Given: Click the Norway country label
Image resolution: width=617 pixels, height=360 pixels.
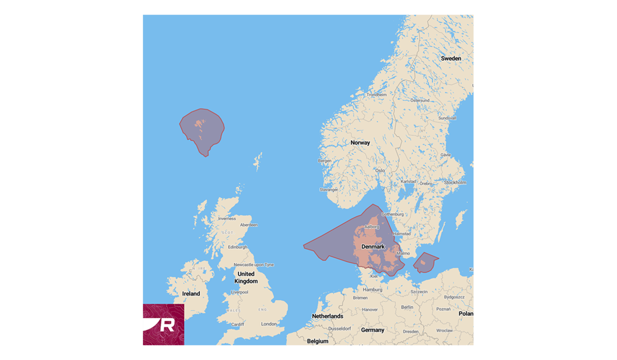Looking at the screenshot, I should [360, 142].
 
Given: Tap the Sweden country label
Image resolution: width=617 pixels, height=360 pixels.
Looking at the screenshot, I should [451, 59].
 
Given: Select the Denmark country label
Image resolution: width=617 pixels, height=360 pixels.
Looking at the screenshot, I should [373, 247].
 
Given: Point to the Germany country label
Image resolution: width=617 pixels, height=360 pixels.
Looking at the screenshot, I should [372, 330].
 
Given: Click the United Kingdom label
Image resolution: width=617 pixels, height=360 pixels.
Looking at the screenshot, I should [246, 278].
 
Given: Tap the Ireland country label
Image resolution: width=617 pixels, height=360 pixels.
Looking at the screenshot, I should [191, 294].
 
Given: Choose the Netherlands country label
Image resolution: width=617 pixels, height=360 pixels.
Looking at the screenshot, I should [328, 316].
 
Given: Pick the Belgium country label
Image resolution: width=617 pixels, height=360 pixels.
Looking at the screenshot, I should [317, 341].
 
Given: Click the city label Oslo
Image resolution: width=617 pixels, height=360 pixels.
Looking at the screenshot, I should [380, 170].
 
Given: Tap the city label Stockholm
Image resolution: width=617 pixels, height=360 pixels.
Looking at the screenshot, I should [455, 183].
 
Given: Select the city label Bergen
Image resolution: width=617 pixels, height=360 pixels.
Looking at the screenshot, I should [325, 160].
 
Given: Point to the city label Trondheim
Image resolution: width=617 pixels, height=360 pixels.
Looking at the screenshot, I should [377, 95].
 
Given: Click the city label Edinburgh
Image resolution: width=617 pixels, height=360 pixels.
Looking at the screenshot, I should [238, 247].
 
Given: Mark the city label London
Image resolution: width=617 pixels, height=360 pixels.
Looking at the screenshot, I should [269, 324].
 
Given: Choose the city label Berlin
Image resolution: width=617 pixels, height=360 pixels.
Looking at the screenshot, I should [406, 307].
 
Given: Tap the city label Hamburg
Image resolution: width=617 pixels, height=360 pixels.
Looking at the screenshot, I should [372, 290].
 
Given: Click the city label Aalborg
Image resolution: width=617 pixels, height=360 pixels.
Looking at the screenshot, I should [371, 226].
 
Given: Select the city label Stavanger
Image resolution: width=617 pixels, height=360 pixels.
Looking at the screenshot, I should [329, 190].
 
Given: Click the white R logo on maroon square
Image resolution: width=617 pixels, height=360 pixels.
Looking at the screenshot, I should [163, 325].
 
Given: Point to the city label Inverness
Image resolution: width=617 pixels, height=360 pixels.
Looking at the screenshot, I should [227, 219].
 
